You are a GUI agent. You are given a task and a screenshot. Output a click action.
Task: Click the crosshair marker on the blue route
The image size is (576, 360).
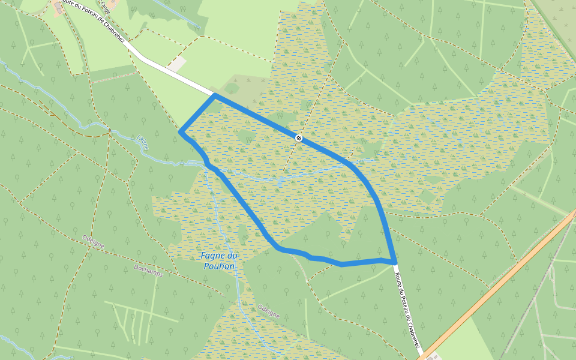pos(299,138)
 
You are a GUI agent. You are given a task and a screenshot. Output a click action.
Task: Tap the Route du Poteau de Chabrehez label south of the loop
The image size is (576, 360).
pos(407,308)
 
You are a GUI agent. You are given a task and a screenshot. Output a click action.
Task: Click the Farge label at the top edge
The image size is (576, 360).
pos(106,6)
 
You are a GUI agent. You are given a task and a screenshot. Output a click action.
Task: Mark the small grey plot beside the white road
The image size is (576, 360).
pos(177,63)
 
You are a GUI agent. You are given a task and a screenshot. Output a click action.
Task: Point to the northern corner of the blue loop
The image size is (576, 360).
pos(215,95)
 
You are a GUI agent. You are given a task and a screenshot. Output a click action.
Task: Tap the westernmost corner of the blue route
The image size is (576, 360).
pos(181,131)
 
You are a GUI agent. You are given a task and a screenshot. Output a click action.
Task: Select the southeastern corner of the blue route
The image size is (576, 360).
pos(395,262)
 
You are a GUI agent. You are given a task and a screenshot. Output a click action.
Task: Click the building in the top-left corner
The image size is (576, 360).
pos(59,7)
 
